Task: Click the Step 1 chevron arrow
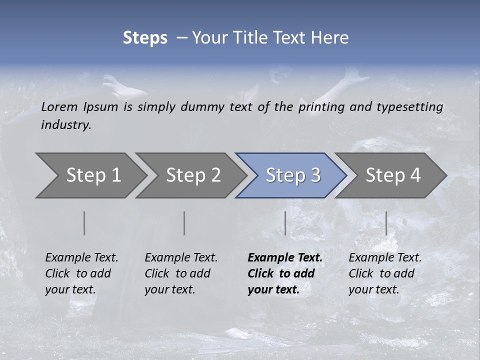click(x=90, y=175)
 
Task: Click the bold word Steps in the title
click(x=145, y=38)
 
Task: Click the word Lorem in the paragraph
click(x=59, y=107)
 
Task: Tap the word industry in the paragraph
click(x=66, y=125)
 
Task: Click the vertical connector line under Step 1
click(x=84, y=223)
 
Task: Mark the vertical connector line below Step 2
click(x=184, y=223)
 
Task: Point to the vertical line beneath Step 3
click(x=285, y=223)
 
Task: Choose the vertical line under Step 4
click(x=386, y=223)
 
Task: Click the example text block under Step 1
click(x=81, y=273)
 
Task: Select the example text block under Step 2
click(x=181, y=273)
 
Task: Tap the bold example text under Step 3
click(x=285, y=273)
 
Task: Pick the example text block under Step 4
click(x=385, y=273)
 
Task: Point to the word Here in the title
click(x=330, y=38)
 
